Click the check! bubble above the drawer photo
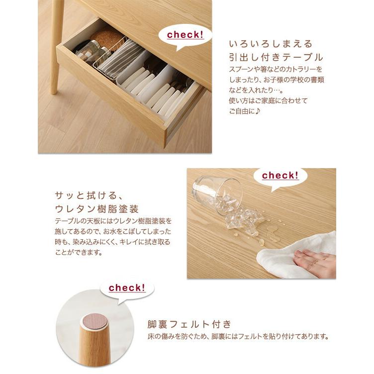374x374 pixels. (x=186, y=35)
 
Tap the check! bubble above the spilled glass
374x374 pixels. (x=280, y=176)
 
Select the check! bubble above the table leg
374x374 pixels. (x=127, y=288)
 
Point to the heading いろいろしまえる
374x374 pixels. (x=264, y=43)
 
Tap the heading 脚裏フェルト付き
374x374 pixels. (x=188, y=325)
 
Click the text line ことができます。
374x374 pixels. (x=77, y=252)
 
